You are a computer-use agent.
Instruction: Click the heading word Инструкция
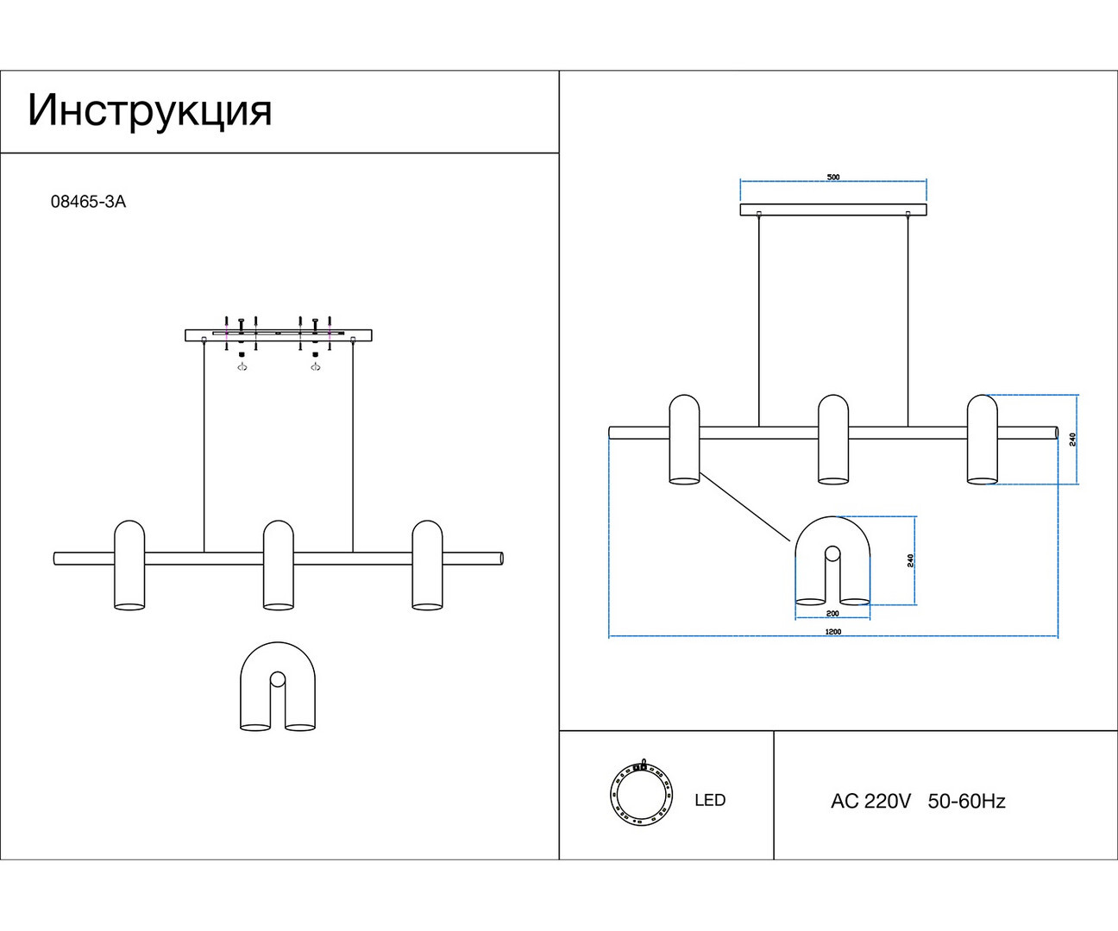click(x=150, y=111)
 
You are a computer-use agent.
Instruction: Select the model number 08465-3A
click(x=88, y=202)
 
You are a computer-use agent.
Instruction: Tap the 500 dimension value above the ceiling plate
click(x=833, y=177)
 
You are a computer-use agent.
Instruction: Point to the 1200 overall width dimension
click(x=833, y=631)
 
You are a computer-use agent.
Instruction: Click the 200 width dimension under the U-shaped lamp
click(x=832, y=613)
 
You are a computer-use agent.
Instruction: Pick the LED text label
click(x=710, y=800)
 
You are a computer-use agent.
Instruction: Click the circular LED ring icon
click(x=642, y=793)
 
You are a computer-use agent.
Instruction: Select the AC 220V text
click(x=870, y=801)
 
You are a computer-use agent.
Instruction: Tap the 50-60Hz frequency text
click(x=966, y=801)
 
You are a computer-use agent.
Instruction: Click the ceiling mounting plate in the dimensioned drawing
click(x=833, y=209)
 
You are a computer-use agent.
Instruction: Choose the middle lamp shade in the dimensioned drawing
click(x=833, y=440)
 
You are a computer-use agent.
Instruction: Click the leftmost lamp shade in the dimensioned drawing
click(x=684, y=440)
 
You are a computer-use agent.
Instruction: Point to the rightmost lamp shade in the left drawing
click(x=427, y=565)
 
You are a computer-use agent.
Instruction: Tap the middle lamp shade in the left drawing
click(x=279, y=565)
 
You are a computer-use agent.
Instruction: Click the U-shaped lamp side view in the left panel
click(x=278, y=686)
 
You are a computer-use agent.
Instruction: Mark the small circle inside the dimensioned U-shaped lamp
click(x=832, y=553)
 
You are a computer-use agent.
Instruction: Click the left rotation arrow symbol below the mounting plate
click(x=242, y=367)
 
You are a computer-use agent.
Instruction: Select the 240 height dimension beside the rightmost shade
click(x=1072, y=440)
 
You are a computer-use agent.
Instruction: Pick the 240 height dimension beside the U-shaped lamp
click(x=910, y=560)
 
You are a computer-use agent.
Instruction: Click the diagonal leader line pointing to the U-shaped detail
click(x=744, y=507)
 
